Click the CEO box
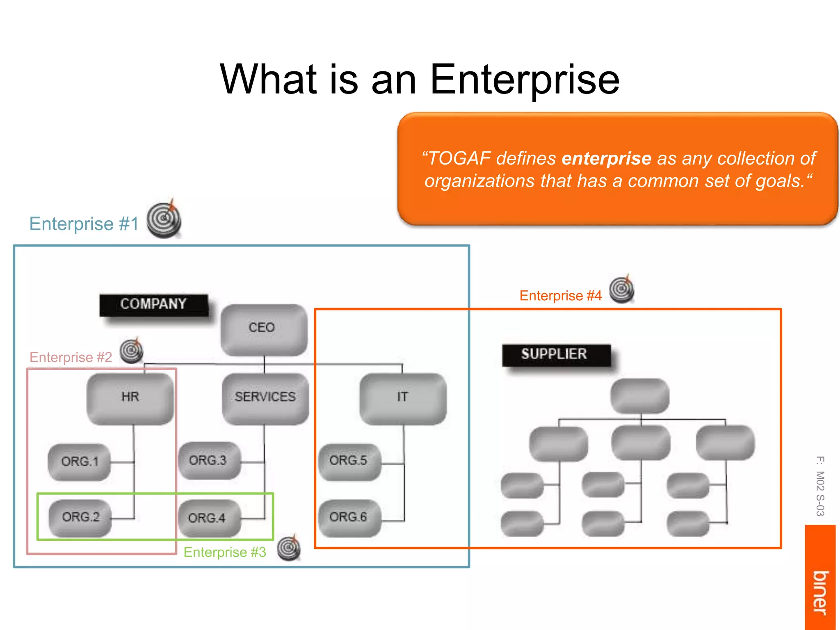pyautogui.click(x=263, y=329)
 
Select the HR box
pyautogui.click(x=130, y=397)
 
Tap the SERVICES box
pyautogui.click(x=265, y=397)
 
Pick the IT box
pyautogui.click(x=402, y=397)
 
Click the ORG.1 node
pyautogui.click(x=80, y=462)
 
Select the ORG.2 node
pyautogui.click(x=80, y=517)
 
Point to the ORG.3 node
pyautogui.click(x=208, y=461)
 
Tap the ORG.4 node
pyautogui.click(x=208, y=518)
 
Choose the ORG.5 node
pyautogui.click(x=349, y=461)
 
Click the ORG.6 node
pyautogui.click(x=349, y=517)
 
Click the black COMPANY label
pyautogui.click(x=153, y=304)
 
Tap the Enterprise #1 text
pyautogui.click(x=84, y=224)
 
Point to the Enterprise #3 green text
pyautogui.click(x=225, y=552)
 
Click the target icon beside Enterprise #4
pyautogui.click(x=621, y=290)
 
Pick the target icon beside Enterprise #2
pyautogui.click(x=132, y=351)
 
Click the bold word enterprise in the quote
pyautogui.click(x=606, y=159)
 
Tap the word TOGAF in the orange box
pyautogui.click(x=459, y=159)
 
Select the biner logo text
pyautogui.click(x=820, y=593)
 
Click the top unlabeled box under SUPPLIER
pyautogui.click(x=639, y=396)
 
